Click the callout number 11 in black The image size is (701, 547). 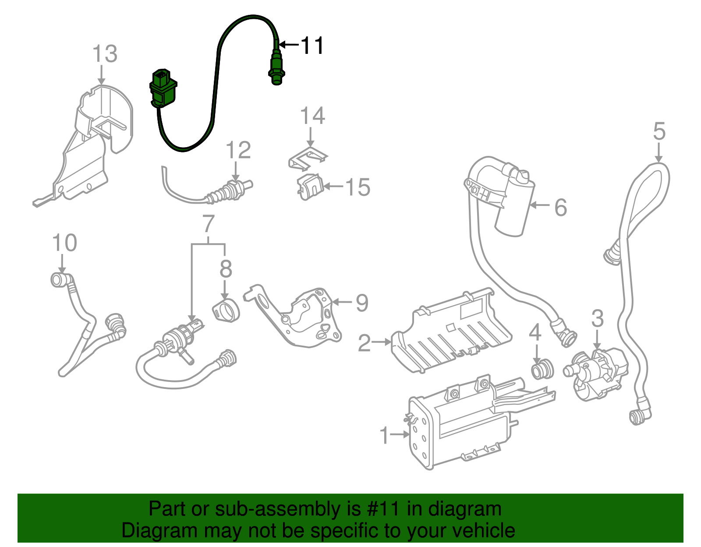click(x=312, y=46)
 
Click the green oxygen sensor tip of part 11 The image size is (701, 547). click(x=275, y=70)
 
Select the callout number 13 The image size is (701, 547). click(x=105, y=54)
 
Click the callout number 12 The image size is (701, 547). click(x=238, y=150)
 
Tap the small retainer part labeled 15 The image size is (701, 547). click(x=310, y=187)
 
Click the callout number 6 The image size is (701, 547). click(x=560, y=207)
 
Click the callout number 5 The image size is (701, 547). click(x=659, y=131)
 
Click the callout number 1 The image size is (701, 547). click(x=384, y=436)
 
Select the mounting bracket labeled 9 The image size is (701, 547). click(x=302, y=318)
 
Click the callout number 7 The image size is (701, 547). click(x=209, y=224)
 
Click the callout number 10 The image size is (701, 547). click(x=64, y=243)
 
